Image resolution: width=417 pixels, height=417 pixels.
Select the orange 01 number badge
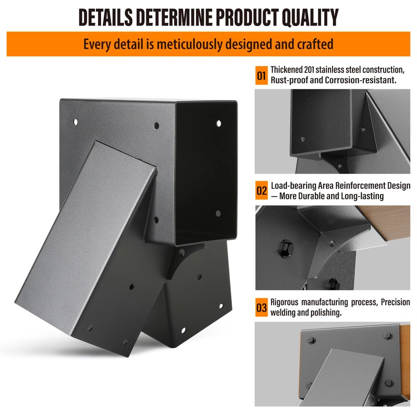point(261,75)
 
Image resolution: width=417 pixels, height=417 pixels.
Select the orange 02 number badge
point(261,191)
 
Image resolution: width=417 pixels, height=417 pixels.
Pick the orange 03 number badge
point(261,308)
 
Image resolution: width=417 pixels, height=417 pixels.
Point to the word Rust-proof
point(288,80)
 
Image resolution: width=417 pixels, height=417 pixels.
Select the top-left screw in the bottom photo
point(311,340)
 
